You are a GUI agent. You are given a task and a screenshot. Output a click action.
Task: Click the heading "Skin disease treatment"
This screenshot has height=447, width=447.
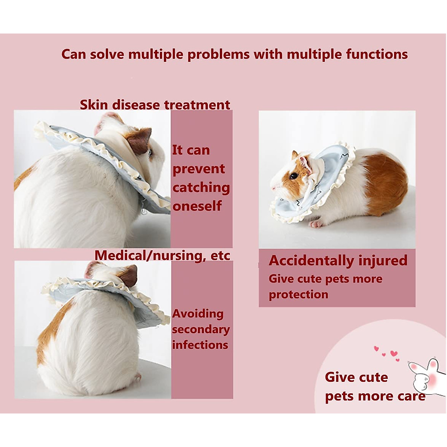pyautogui.click(x=155, y=105)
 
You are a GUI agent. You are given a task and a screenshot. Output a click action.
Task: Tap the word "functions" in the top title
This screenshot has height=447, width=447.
pyautogui.click(x=377, y=54)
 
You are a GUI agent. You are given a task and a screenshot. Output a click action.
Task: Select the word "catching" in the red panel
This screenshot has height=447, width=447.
pyautogui.click(x=201, y=187)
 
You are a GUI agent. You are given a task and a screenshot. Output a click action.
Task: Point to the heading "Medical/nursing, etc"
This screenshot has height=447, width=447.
pyautogui.click(x=162, y=256)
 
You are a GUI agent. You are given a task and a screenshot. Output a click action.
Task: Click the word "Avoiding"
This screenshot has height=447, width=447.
pyautogui.click(x=197, y=314)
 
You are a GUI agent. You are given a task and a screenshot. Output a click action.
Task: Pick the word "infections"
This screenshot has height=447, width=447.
pyautogui.click(x=200, y=345)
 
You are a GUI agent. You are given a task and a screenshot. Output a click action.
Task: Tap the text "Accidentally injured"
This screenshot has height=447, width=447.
pyautogui.click(x=338, y=260)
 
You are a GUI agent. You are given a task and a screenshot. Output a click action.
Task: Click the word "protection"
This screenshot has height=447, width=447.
pyautogui.click(x=298, y=295)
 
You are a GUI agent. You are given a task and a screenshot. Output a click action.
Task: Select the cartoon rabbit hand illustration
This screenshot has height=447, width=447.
pyautogui.click(x=426, y=376)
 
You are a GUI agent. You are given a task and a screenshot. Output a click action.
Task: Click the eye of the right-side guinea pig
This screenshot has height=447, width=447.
pyautogui.click(x=294, y=176)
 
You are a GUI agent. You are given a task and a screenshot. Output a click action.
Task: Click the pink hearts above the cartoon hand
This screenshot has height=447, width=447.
pyautogui.click(x=387, y=353)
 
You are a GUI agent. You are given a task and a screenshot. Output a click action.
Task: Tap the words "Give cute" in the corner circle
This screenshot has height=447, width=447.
pyautogui.click(x=356, y=377)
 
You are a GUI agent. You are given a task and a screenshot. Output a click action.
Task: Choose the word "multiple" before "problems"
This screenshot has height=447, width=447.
pyautogui.click(x=156, y=54)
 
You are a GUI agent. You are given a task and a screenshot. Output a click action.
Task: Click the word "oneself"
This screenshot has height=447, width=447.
pyautogui.click(x=197, y=206)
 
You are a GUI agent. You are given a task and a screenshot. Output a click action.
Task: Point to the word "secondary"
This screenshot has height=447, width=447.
pyautogui.click(x=200, y=330)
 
